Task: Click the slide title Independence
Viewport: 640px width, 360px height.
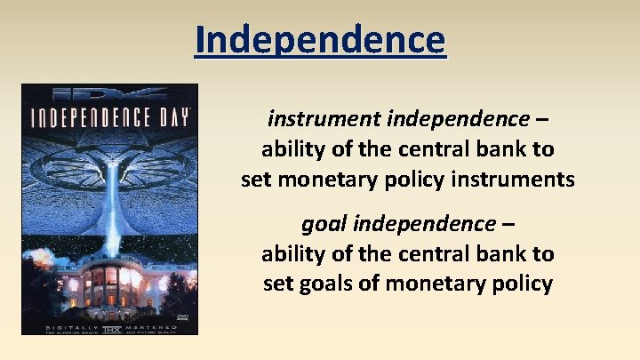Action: pyautogui.click(x=320, y=40)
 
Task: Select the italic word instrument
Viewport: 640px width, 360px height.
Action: pyautogui.click(x=307, y=117)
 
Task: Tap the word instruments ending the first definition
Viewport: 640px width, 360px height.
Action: pyautogui.click(x=524, y=180)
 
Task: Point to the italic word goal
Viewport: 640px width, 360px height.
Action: pyautogui.click(x=321, y=222)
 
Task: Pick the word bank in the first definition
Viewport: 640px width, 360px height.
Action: pyautogui.click(x=499, y=148)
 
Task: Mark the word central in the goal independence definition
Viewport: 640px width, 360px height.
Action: pyautogui.click(x=435, y=253)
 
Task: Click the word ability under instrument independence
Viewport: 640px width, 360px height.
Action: pyautogui.click(x=291, y=148)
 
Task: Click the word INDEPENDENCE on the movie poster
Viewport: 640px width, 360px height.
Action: pyautogui.click(x=96, y=119)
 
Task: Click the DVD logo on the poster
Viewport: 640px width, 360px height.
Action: pyautogui.click(x=181, y=315)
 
